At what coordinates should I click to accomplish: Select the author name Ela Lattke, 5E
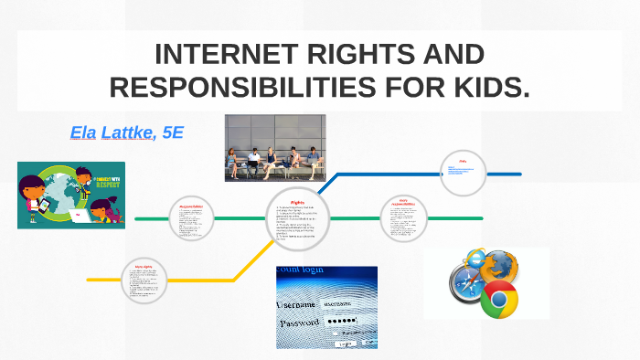pos(127,132)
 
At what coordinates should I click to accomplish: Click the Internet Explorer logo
pos(475,259)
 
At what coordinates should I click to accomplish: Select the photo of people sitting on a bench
pos(274,147)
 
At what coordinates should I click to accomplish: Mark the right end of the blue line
pos(519,174)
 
